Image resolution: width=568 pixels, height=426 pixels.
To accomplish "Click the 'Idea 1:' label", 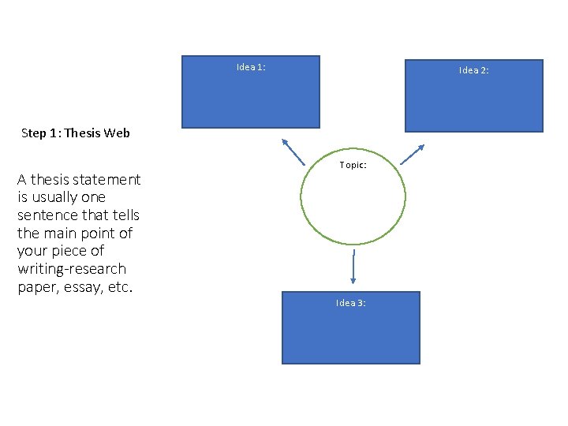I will click(251, 67).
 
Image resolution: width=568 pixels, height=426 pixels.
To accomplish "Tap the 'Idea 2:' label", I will click(474, 70).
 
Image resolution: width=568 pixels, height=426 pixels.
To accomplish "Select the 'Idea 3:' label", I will click(350, 303).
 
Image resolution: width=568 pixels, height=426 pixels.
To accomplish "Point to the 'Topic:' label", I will click(353, 165).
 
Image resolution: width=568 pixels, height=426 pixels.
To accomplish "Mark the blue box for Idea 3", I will click(350, 335).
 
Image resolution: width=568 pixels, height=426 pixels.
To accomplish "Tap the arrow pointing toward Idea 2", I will click(413, 153).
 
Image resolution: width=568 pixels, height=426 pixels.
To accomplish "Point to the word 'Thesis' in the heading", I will click(83, 133).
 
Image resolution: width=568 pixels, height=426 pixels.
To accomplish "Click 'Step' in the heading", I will click(34, 133).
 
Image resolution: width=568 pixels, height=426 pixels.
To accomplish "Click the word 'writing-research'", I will click(72, 269).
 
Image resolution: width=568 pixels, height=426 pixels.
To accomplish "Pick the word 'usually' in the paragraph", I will click(54, 196).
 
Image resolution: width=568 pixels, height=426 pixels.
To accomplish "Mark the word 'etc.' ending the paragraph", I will click(119, 287).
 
